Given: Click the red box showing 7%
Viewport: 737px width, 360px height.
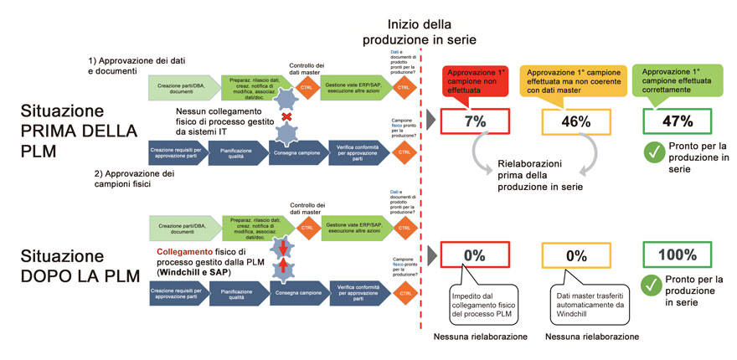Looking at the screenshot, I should [x=475, y=121].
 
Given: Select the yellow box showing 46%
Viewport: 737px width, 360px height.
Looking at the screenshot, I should [x=575, y=121].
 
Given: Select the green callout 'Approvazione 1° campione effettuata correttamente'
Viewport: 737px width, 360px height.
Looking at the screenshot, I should [x=677, y=81].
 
